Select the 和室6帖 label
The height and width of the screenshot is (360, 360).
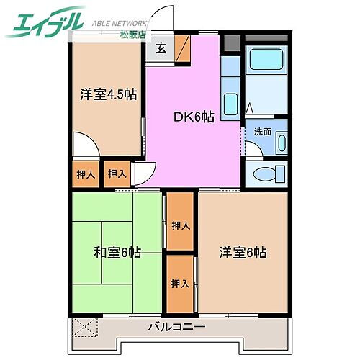click(117, 253)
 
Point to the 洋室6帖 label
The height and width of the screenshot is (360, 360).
click(243, 253)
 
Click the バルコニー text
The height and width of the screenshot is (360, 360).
click(177, 326)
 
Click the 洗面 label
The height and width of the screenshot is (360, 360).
click(261, 132)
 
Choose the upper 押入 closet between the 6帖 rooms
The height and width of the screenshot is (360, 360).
click(181, 225)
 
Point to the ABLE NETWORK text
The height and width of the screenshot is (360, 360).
click(120, 22)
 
